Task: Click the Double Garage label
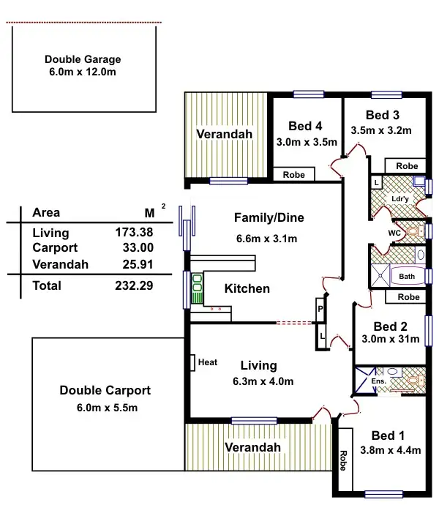coord(83,60)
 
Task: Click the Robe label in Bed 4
coord(293,175)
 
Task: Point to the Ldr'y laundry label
coord(399,198)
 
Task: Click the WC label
coord(393,233)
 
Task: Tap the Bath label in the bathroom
coord(407,277)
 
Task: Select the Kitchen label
coord(247,288)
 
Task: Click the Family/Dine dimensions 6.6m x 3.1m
coord(269,239)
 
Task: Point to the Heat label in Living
coord(208,362)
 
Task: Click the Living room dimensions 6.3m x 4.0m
coord(258,381)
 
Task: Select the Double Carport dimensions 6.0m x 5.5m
coord(109,408)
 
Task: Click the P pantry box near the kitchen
coord(320,310)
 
